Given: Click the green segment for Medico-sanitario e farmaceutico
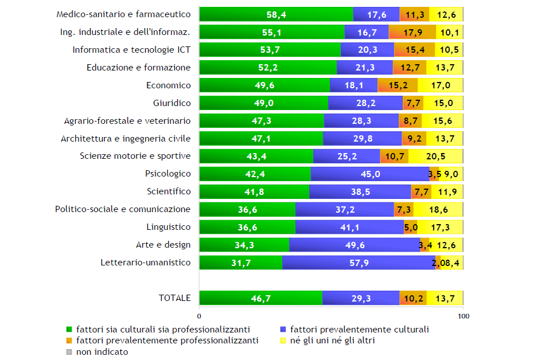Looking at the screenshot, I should pyautogui.click(x=276, y=14).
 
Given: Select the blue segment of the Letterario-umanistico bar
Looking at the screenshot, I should pyautogui.click(x=359, y=263).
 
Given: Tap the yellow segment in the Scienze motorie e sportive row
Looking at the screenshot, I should pyautogui.click(x=435, y=156).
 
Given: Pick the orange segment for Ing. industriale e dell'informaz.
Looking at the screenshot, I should pyautogui.click(x=412, y=32).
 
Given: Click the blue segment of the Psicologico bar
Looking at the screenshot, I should pyautogui.click(x=370, y=174).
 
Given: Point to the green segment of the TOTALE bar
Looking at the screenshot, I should pyautogui.click(x=260, y=298).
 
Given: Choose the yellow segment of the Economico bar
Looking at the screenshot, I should pyautogui.click(x=440, y=85).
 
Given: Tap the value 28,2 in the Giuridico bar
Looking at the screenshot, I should pyautogui.click(x=365, y=103).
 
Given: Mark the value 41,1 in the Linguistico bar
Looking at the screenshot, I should pyautogui.click(x=350, y=227).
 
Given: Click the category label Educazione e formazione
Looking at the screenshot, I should pyautogui.click(x=138, y=68).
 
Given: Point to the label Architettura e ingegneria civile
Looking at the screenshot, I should pyautogui.click(x=126, y=138).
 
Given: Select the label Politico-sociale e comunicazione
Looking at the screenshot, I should pyautogui.click(x=122, y=209).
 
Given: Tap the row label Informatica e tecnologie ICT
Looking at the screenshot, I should pyautogui.click(x=131, y=50).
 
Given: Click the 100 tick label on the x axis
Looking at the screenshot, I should pyautogui.click(x=462, y=316).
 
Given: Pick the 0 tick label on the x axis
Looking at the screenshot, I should pyautogui.click(x=199, y=316).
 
